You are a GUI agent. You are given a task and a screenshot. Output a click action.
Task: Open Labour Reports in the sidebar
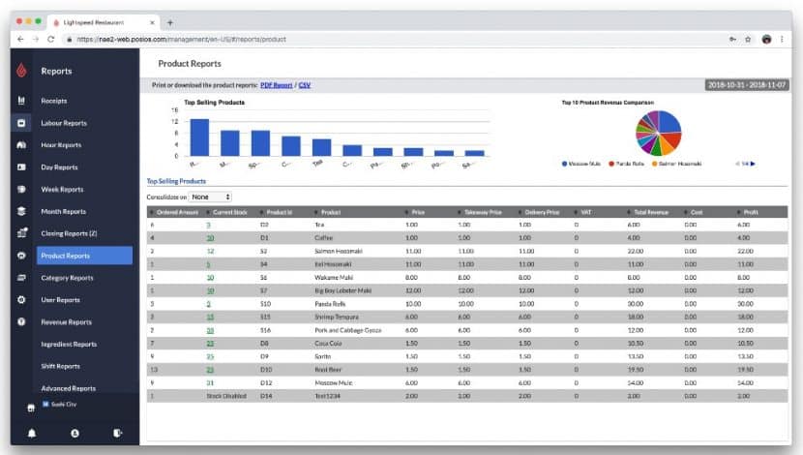click(x=64, y=123)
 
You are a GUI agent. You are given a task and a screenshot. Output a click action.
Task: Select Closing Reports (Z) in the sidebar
click(x=69, y=233)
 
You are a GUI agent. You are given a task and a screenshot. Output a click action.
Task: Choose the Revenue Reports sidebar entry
click(x=66, y=322)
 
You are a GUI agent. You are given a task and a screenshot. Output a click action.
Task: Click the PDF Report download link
click(x=276, y=85)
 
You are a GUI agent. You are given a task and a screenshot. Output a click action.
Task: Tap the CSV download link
click(x=305, y=85)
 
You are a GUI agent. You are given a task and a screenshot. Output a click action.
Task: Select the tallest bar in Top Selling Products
click(x=199, y=136)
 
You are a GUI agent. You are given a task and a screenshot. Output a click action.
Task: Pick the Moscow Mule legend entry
click(x=584, y=164)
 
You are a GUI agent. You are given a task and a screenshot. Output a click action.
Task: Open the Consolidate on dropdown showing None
click(x=211, y=197)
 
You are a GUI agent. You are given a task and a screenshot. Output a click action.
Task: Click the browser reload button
click(x=50, y=39)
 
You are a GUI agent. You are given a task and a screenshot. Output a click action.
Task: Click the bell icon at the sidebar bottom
click(x=32, y=433)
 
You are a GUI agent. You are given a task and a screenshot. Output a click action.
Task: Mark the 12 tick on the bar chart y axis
click(x=175, y=121)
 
